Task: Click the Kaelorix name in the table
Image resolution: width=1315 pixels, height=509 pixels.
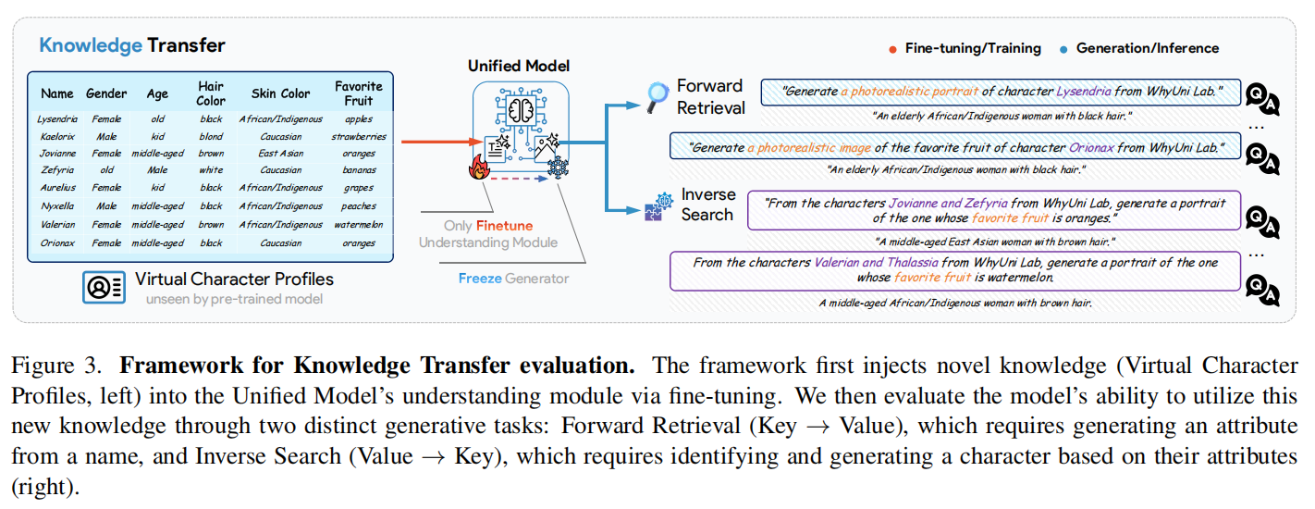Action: point(57,137)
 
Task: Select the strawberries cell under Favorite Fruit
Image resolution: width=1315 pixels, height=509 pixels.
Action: point(358,137)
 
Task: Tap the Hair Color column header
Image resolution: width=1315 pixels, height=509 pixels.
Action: point(211,93)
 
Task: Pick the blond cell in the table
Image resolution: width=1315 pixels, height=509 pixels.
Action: point(211,137)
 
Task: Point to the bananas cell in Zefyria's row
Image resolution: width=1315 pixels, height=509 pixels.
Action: point(358,171)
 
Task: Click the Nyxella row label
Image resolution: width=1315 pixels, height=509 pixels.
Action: point(57,206)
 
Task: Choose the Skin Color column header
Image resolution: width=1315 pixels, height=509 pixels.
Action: point(281,93)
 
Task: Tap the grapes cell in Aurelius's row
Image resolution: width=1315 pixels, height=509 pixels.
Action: point(358,189)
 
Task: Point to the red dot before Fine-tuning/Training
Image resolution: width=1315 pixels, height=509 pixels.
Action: point(892,49)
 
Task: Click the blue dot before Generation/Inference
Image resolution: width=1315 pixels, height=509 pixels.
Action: point(1063,49)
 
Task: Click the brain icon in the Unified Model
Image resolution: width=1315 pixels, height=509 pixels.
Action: point(519,110)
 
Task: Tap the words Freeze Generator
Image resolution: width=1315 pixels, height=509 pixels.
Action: point(513,278)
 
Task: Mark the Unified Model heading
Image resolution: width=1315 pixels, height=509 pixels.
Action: point(518,66)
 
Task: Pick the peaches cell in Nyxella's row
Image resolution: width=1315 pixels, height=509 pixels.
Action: point(358,206)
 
